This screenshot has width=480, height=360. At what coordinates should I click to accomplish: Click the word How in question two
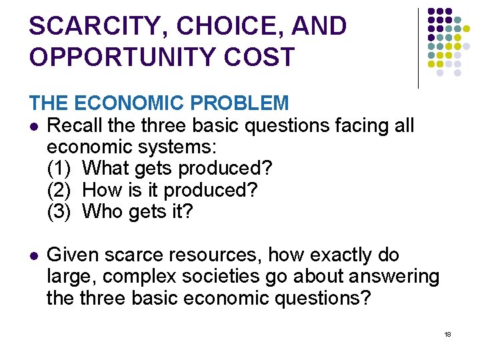coord(101,190)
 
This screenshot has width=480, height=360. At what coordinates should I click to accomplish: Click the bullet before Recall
coord(33,126)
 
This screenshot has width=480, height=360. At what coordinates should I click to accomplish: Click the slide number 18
coord(447,334)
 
